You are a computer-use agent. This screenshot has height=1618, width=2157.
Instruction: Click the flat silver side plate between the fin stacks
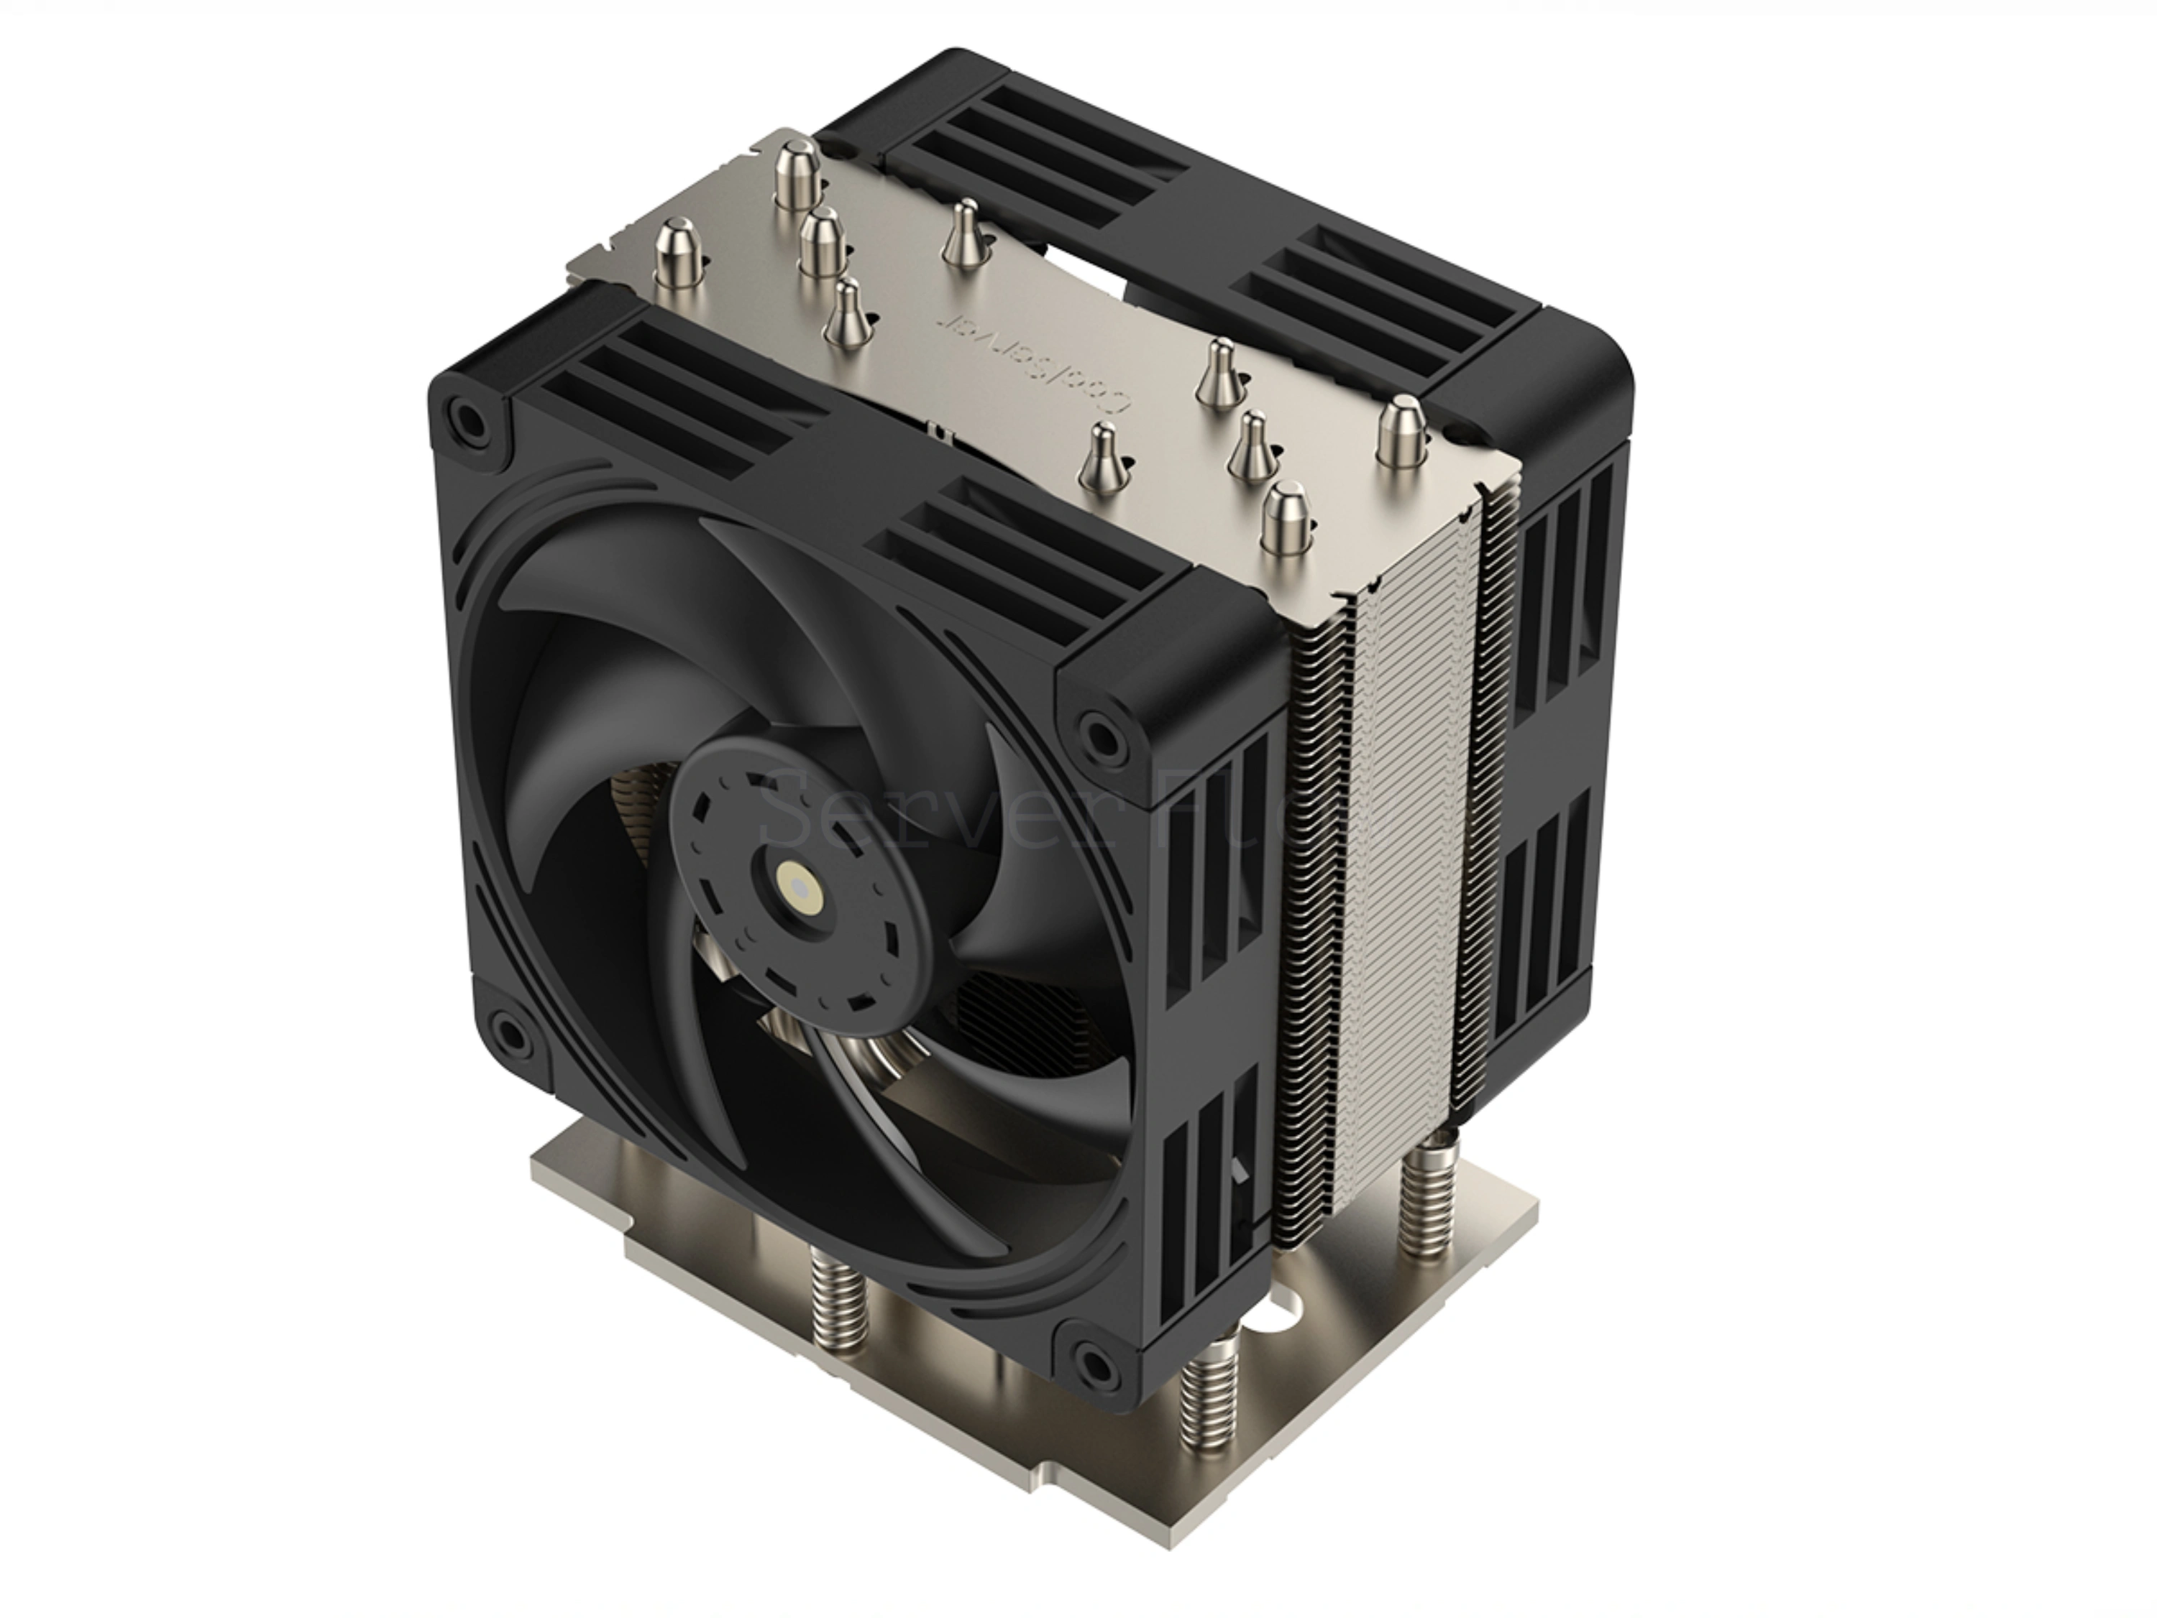coord(1404,877)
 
